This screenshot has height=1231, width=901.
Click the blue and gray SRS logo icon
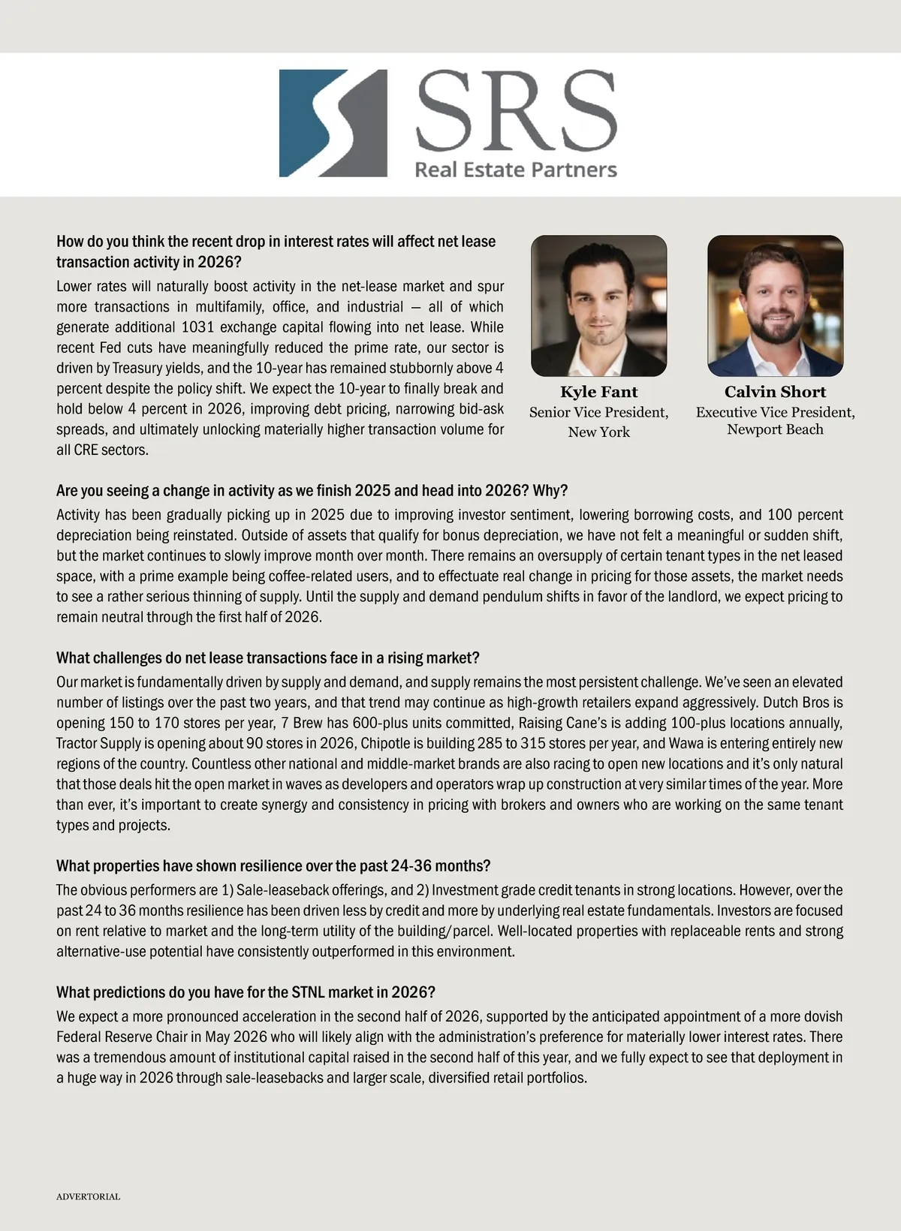tap(333, 123)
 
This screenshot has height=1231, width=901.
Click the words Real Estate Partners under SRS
tap(516, 170)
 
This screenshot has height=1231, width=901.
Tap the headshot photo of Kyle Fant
tap(598, 305)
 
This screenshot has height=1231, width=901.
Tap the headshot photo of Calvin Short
tap(775, 305)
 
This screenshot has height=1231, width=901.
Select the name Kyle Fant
tap(598, 392)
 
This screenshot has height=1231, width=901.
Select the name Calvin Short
tap(775, 392)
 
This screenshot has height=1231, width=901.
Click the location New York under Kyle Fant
tap(598, 432)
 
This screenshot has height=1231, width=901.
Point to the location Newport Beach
tap(775, 429)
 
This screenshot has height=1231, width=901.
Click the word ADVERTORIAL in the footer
tap(88, 1196)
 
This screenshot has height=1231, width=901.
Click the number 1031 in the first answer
tap(197, 327)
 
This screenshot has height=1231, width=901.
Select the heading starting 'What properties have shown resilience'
tap(273, 865)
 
